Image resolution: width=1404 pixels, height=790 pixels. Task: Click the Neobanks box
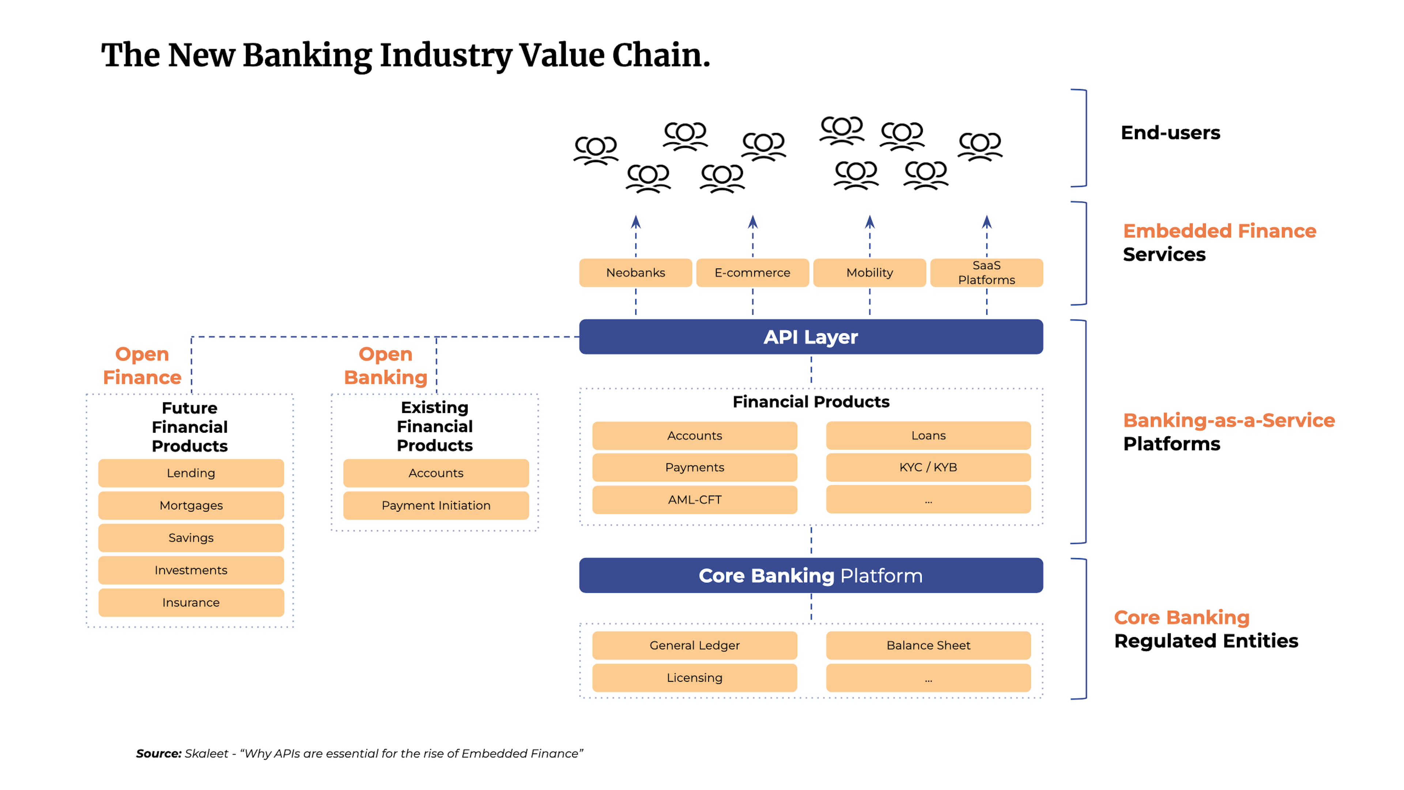(x=635, y=272)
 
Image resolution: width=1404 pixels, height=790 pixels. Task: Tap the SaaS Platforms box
(x=986, y=272)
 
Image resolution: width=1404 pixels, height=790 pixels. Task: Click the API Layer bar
(x=811, y=337)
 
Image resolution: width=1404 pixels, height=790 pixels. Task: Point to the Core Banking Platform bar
(x=811, y=575)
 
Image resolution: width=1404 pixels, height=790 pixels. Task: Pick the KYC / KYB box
(x=928, y=467)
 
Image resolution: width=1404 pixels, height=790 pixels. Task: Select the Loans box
(x=928, y=436)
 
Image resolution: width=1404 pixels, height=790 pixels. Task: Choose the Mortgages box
(x=191, y=505)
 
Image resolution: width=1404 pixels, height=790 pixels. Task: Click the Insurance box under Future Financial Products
(x=191, y=602)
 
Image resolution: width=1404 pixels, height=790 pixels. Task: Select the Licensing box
(x=694, y=678)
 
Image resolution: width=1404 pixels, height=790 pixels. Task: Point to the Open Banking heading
(x=385, y=366)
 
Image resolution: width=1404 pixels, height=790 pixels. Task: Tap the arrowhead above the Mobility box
(x=870, y=222)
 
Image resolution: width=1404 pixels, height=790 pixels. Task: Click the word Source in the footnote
(x=158, y=753)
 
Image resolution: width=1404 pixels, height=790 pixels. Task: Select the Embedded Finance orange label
(x=1219, y=231)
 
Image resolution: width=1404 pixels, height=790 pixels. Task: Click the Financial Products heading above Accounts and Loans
(x=811, y=402)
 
